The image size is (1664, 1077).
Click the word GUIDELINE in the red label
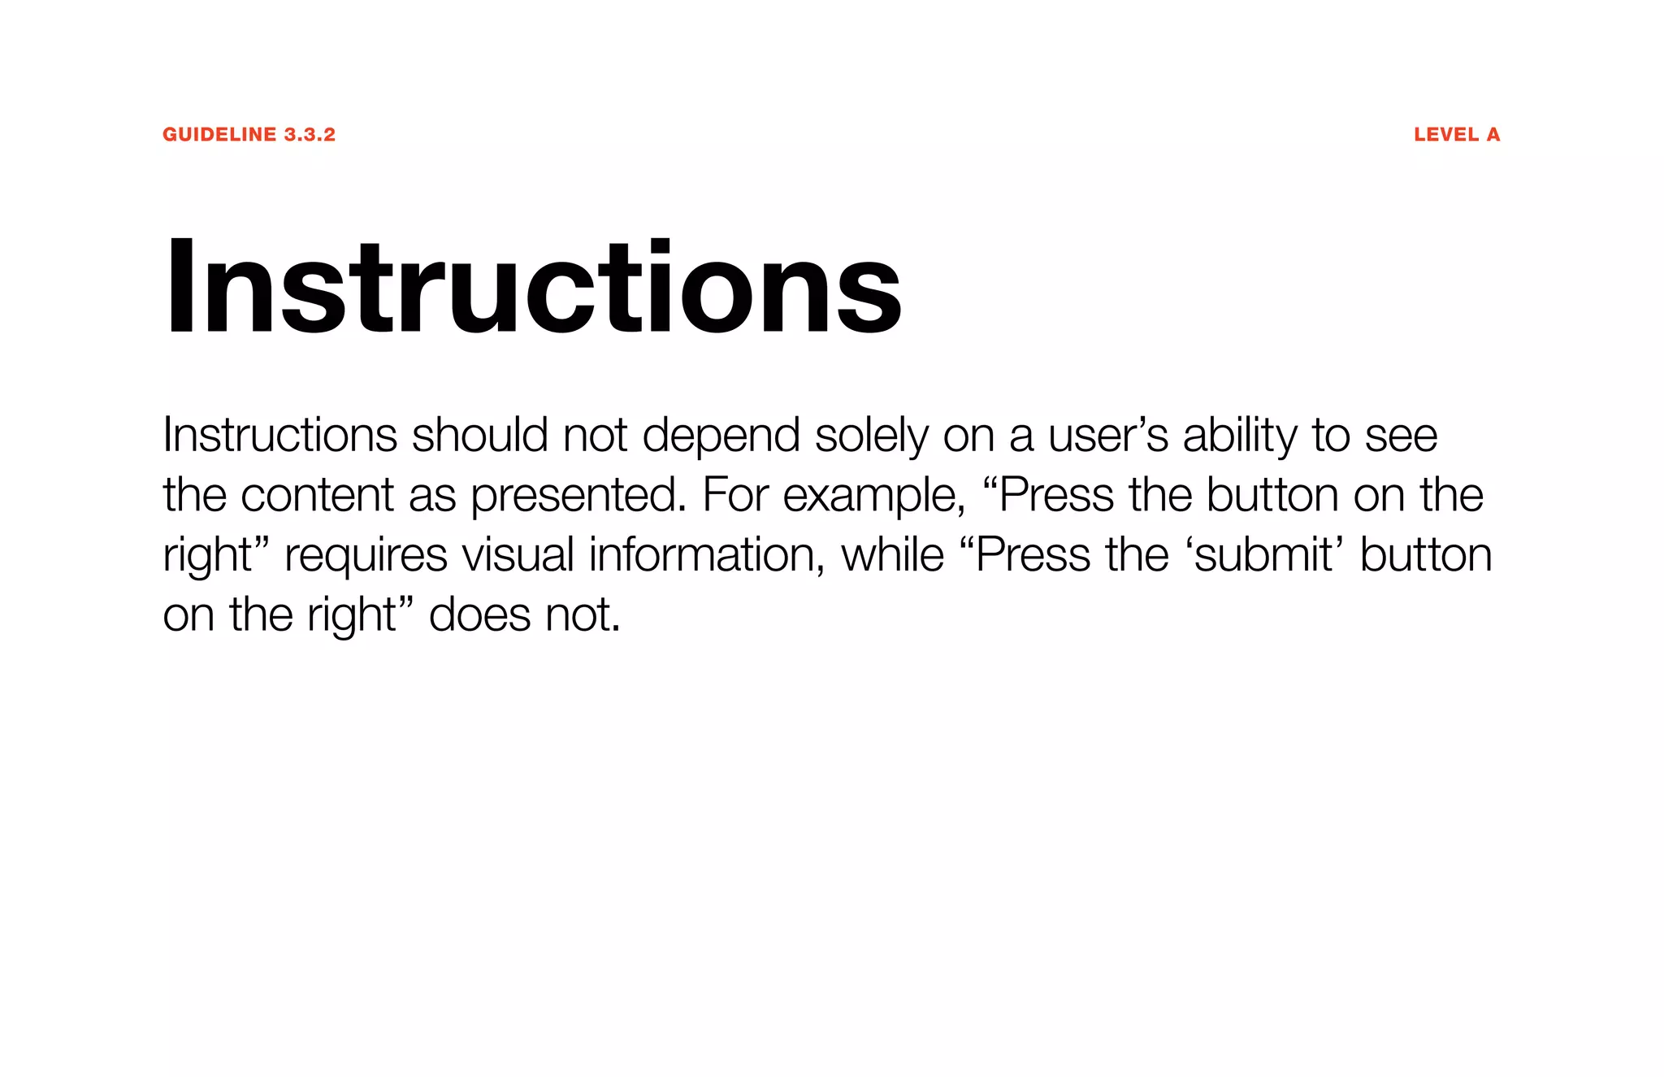tap(219, 135)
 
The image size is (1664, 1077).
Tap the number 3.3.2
tap(310, 135)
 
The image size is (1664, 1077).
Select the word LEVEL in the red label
tap(1446, 135)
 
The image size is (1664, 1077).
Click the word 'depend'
tap(721, 436)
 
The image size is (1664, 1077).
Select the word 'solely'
tap(871, 436)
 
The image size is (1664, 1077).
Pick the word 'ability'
tap(1240, 436)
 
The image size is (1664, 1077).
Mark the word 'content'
tap(317, 495)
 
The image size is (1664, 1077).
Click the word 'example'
tap(873, 495)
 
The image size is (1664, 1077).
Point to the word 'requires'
tap(366, 555)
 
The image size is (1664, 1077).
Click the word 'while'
tap(892, 555)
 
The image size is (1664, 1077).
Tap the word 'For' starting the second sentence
tap(734, 495)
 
